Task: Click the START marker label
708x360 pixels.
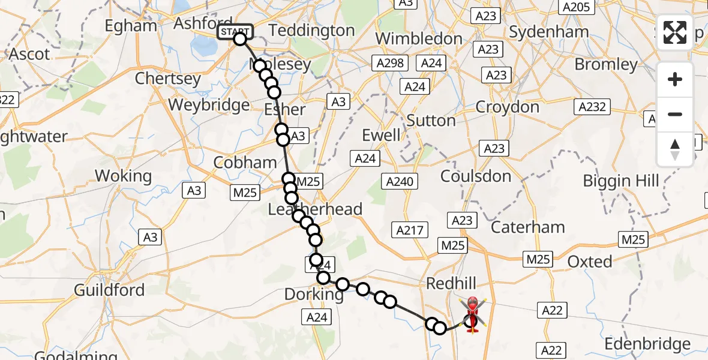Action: coord(235,32)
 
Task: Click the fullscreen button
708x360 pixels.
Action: coord(675,32)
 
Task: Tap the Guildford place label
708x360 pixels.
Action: coord(109,290)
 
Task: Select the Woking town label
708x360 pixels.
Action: coord(124,176)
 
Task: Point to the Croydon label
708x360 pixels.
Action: coord(507,108)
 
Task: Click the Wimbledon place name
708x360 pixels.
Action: coord(419,39)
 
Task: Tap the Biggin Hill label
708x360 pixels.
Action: coord(621,181)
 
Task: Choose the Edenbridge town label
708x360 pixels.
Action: coord(647,344)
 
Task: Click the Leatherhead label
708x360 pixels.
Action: coord(315,209)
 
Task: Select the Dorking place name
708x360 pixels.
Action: coord(314,295)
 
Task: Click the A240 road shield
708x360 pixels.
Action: coord(400,182)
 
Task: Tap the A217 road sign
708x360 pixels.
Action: coord(410,229)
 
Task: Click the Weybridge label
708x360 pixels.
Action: coord(209,105)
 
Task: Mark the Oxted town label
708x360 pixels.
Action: coord(590,262)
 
